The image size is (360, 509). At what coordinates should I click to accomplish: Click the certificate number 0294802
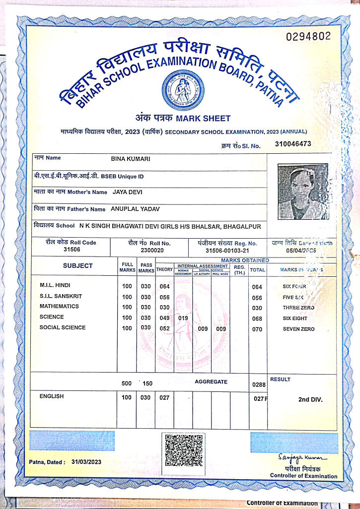tap(308, 37)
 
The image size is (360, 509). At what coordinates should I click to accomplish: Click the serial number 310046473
tap(292, 144)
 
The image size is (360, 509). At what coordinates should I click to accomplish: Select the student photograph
tap(303, 191)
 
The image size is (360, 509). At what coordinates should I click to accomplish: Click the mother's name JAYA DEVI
tap(128, 192)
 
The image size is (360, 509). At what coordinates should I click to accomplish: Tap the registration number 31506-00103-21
tap(224, 251)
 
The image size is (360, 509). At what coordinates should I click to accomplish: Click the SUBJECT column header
tap(77, 266)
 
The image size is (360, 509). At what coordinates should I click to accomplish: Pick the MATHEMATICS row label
tap(59, 307)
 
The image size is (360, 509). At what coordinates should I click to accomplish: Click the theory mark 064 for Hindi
tap(164, 287)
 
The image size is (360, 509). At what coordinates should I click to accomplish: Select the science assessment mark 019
tap(183, 318)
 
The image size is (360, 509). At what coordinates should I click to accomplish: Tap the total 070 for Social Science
tap(257, 329)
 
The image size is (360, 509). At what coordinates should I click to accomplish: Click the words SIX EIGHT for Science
tap(295, 318)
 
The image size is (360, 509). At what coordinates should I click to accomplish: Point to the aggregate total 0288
tap(259, 384)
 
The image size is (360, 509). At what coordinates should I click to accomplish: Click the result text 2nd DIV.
tap(310, 399)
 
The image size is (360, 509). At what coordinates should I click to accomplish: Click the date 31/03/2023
tap(86, 462)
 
